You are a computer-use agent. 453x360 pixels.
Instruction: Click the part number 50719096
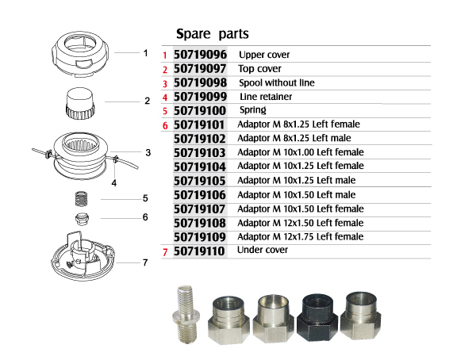(x=200, y=55)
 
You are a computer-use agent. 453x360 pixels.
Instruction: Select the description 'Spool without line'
(x=276, y=82)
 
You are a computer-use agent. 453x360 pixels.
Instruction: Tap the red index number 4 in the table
(x=165, y=98)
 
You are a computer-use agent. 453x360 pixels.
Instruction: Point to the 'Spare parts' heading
(x=213, y=34)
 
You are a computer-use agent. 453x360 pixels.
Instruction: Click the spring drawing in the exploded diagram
(x=82, y=199)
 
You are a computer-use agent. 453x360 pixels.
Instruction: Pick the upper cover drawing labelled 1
(x=80, y=54)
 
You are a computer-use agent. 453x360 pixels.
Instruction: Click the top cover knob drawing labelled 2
(x=80, y=103)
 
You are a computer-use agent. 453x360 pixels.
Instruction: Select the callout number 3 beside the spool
(x=148, y=152)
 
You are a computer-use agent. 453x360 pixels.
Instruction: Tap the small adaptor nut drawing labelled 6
(x=82, y=219)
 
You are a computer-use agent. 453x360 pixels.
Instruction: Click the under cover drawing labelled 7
(x=83, y=256)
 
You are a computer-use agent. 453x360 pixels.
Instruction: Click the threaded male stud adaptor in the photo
(x=186, y=314)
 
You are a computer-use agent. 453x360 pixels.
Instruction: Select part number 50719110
(x=199, y=251)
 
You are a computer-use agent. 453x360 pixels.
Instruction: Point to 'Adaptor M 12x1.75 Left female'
(x=301, y=237)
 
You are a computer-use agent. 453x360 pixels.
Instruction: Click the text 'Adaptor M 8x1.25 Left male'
(x=294, y=138)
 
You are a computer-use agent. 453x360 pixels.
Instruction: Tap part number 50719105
(x=200, y=181)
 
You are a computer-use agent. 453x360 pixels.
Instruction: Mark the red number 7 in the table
(x=165, y=252)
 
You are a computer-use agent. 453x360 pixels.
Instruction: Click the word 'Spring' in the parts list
(x=253, y=110)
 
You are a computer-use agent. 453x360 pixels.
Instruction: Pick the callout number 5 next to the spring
(x=145, y=198)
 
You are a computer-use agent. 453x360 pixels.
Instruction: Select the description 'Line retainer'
(x=266, y=97)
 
